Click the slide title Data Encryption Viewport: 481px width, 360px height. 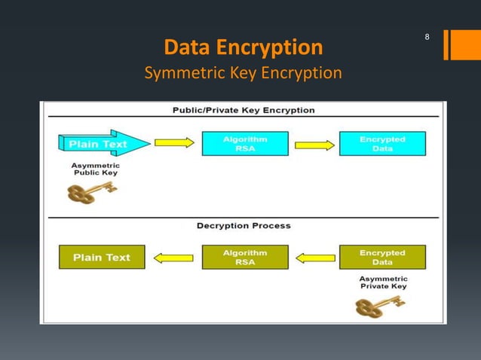tap(243, 48)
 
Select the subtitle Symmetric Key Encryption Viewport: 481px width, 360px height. tap(243, 73)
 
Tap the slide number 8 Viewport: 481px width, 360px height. tap(427, 37)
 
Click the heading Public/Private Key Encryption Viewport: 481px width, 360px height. tap(244, 110)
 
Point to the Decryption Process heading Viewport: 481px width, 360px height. tap(244, 225)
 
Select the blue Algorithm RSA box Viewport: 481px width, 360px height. tap(245, 143)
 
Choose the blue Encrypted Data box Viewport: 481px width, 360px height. tap(382, 143)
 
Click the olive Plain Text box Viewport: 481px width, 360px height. tap(102, 258)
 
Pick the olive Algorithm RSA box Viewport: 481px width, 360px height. tap(245, 258)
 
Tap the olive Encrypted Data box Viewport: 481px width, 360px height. tap(382, 258)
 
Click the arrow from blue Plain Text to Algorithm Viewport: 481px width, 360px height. tap(174, 142)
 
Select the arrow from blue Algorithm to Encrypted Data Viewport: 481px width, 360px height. tap(314, 145)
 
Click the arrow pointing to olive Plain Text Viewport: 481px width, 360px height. tap(173, 258)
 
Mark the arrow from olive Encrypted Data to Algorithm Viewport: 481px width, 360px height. tap(315, 258)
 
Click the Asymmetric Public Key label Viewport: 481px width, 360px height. tap(96, 169)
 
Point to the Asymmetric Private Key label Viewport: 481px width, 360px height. tap(382, 282)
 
